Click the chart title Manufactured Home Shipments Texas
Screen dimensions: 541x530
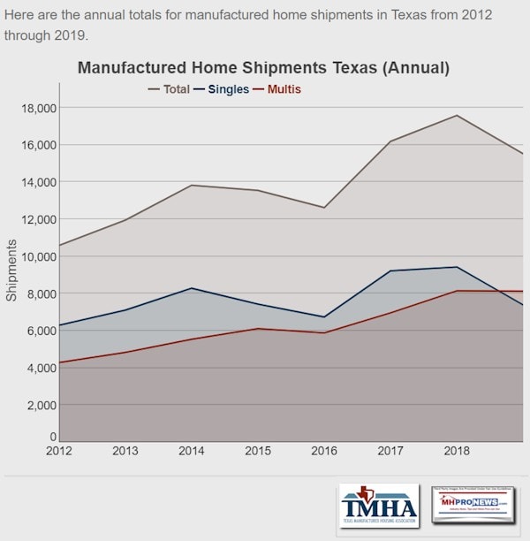click(263, 67)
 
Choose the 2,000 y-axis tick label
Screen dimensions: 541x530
click(41, 405)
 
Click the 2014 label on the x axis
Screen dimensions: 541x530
click(192, 452)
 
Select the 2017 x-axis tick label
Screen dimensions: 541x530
click(390, 452)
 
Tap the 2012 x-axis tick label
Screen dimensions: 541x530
click(59, 452)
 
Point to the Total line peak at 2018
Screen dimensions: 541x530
click(457, 115)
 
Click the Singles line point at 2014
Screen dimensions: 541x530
click(192, 288)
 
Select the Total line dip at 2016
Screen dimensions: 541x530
click(324, 208)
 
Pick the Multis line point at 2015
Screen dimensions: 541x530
click(258, 329)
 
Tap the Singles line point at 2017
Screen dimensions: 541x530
click(390, 270)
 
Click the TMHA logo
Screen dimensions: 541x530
click(379, 507)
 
